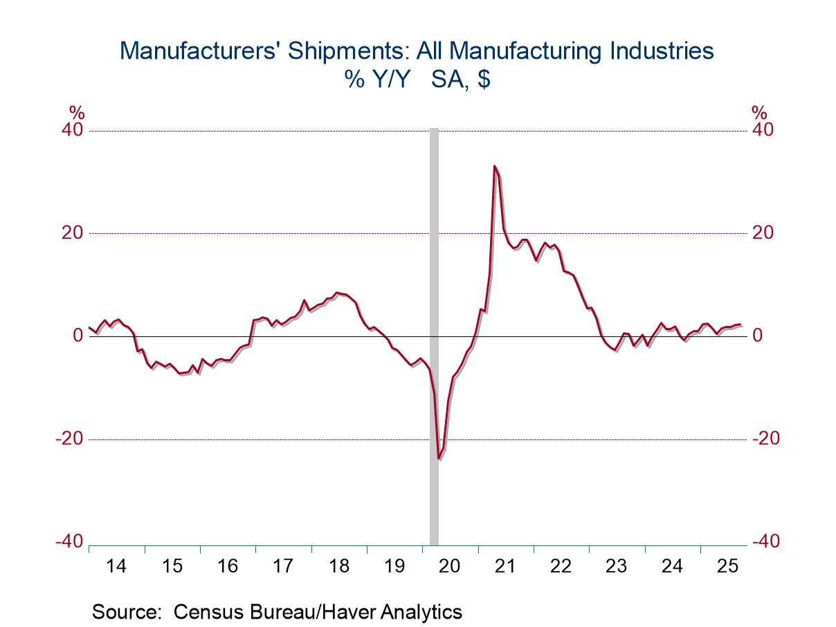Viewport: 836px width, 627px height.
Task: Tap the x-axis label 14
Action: tap(117, 566)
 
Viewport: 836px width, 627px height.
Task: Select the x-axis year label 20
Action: tap(450, 566)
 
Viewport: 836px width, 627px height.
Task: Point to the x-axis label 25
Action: tap(727, 566)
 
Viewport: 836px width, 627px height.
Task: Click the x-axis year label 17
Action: tap(283, 566)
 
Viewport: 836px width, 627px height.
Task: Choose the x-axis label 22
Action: tap(561, 566)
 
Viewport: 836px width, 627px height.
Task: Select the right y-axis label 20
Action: tap(763, 233)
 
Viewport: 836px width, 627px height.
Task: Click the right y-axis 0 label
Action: tap(758, 336)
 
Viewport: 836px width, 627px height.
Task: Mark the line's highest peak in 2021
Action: tap(495, 166)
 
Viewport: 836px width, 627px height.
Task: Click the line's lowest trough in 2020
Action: tap(439, 458)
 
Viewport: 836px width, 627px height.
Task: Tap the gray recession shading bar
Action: tap(434, 277)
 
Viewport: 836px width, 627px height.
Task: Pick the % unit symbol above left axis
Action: tap(75, 113)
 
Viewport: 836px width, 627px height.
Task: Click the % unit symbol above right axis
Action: tap(759, 113)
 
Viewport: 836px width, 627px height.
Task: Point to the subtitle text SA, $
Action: tap(460, 80)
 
